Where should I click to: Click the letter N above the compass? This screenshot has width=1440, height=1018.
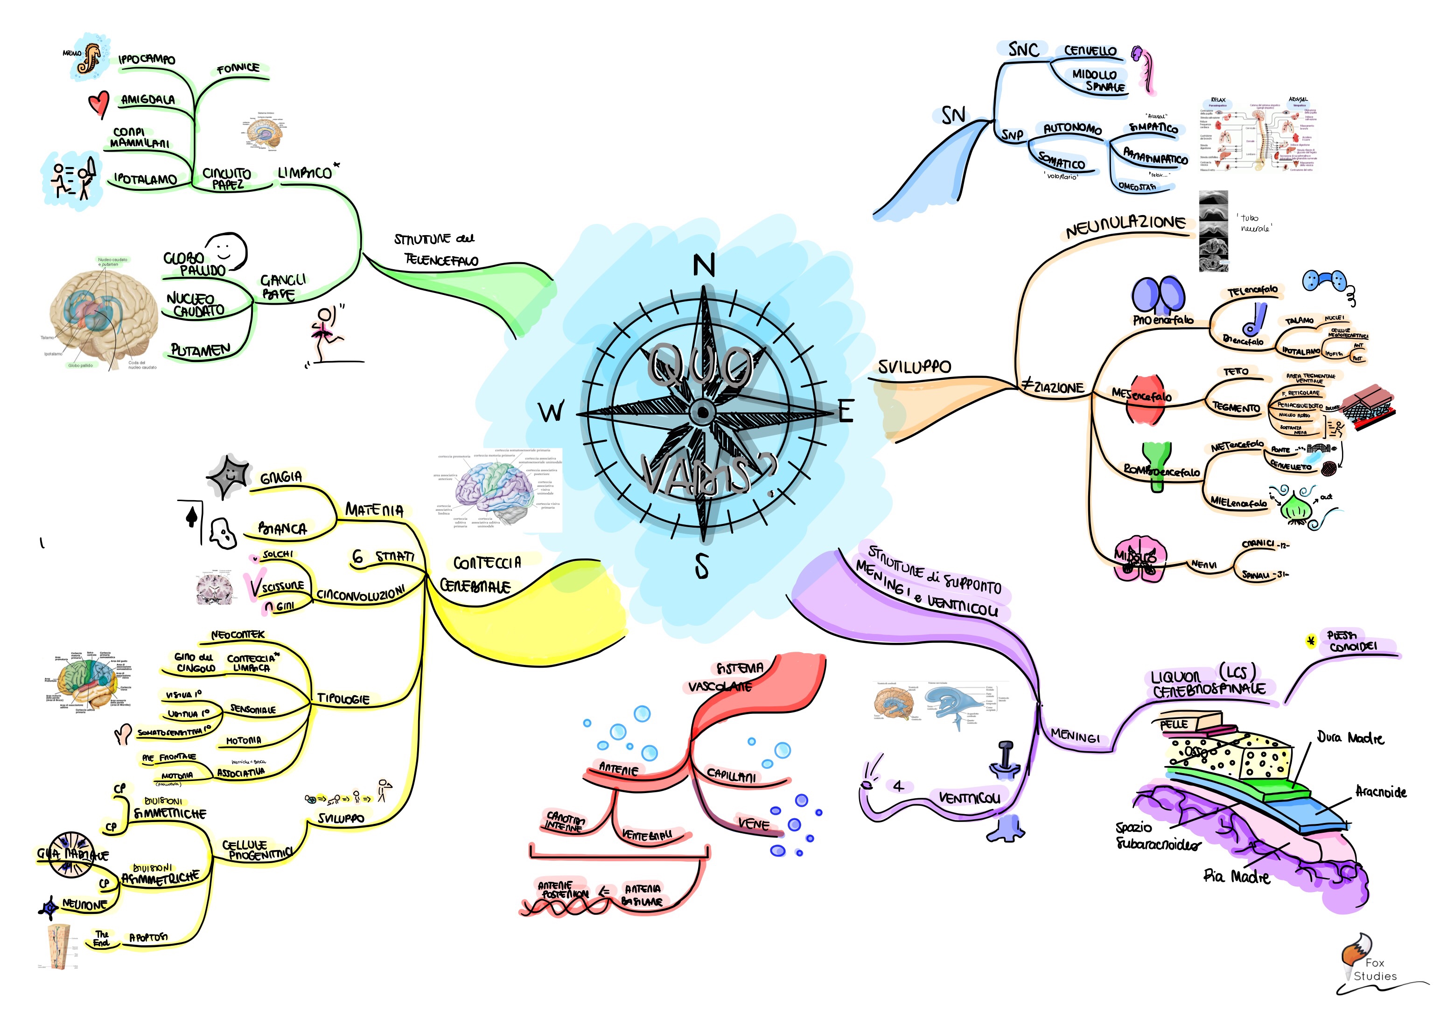[704, 265]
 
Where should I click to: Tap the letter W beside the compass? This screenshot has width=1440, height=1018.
[551, 412]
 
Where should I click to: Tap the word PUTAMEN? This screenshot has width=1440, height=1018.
[201, 350]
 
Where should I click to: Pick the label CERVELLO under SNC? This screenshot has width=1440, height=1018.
[1090, 51]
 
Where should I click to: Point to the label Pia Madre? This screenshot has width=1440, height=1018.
[1236, 876]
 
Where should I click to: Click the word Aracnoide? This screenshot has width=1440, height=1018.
[1380, 792]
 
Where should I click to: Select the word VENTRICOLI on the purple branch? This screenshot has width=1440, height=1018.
[969, 798]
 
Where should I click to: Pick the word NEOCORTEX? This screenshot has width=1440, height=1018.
[238, 635]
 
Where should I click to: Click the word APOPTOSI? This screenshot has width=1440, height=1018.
[149, 938]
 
